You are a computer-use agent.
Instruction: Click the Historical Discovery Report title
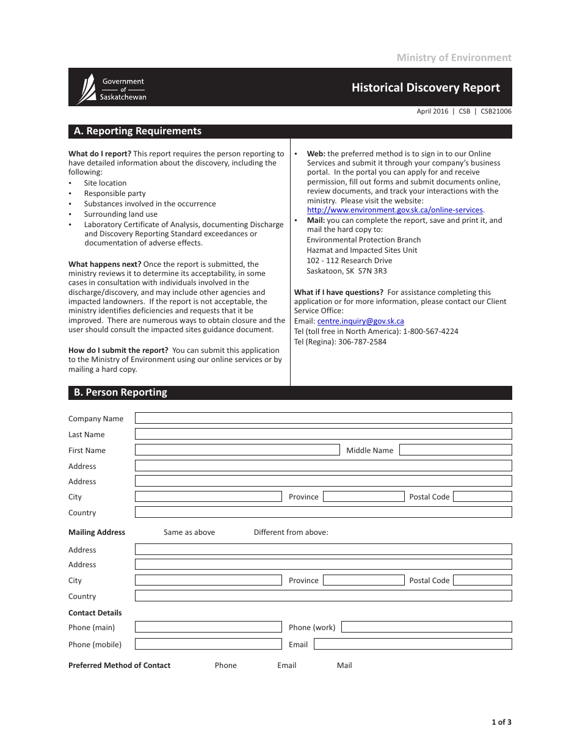point(426,87)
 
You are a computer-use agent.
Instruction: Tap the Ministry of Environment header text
point(454,57)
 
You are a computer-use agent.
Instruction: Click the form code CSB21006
point(496,112)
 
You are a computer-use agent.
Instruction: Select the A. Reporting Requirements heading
point(137,131)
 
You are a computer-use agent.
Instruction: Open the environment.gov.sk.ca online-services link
point(394,210)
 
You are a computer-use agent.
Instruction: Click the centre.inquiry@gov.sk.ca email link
point(360,321)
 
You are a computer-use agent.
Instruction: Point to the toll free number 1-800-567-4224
point(430,332)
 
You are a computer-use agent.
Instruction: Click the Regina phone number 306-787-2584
point(362,342)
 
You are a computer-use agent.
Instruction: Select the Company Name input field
point(323,418)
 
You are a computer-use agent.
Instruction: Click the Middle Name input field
point(455,450)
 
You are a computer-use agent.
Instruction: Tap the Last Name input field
point(323,434)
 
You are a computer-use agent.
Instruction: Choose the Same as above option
point(189,532)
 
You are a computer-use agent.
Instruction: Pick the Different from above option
point(291,532)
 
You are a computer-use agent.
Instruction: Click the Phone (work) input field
point(426,627)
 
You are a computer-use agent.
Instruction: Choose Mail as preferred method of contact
point(344,666)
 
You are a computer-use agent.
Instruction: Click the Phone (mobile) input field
point(208,644)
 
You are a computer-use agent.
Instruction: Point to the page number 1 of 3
point(501,722)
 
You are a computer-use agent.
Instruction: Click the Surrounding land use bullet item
point(121,214)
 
